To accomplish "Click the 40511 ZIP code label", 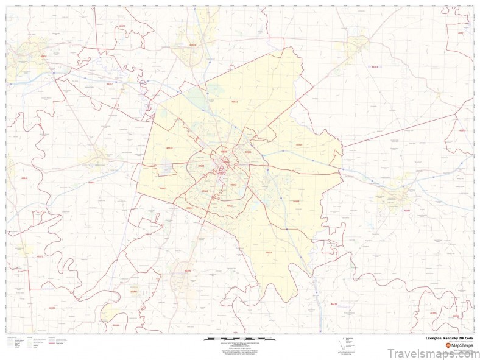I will (235, 102).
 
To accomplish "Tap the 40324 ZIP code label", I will (192, 44).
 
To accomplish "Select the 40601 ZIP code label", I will (43, 56).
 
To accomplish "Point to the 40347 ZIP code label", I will (109, 83).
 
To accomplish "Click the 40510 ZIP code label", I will (169, 148).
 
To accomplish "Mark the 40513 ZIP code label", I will (163, 188).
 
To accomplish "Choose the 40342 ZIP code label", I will (24, 178).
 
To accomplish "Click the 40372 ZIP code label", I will (40, 256).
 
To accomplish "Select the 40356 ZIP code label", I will (188, 270).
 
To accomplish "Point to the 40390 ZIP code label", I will (133, 292).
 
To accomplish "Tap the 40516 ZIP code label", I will (298, 145).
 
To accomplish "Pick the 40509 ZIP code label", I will (296, 202).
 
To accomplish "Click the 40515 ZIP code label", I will (269, 252).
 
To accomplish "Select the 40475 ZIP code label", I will (333, 303).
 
